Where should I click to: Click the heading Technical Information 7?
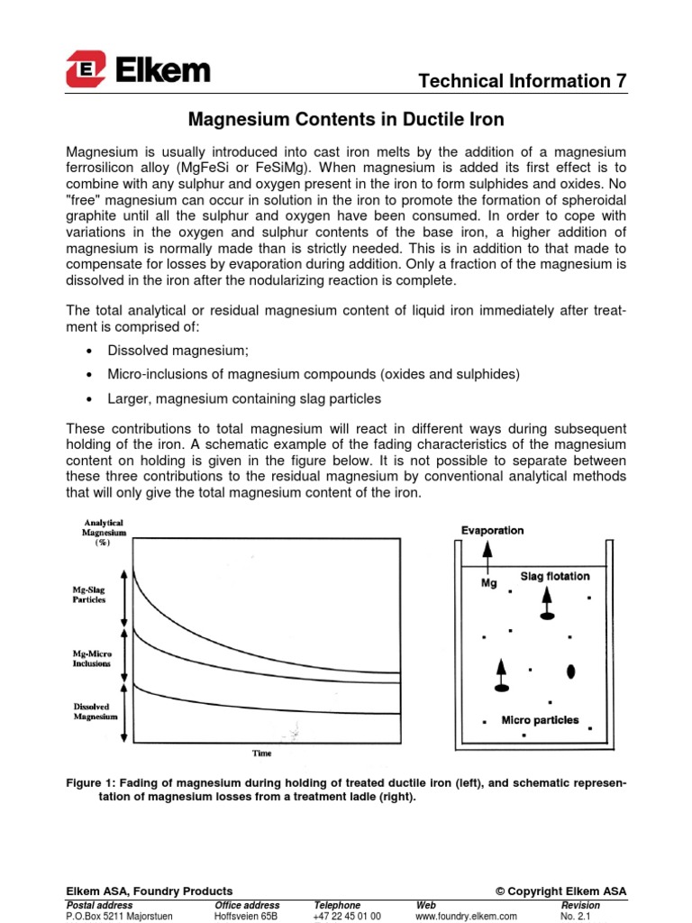point(523,81)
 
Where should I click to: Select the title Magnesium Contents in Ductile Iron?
point(345,119)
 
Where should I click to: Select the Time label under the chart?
point(261,753)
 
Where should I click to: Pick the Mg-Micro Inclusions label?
point(91,658)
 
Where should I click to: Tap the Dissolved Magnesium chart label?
point(95,711)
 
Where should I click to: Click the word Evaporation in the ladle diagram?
point(492,530)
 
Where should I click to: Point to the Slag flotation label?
point(555,576)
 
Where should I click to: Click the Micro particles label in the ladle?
point(540,720)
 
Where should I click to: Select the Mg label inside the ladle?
point(490,582)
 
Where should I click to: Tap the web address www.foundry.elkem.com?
point(466,916)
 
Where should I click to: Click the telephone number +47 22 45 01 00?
point(347,916)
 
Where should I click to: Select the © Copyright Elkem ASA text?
point(560,891)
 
